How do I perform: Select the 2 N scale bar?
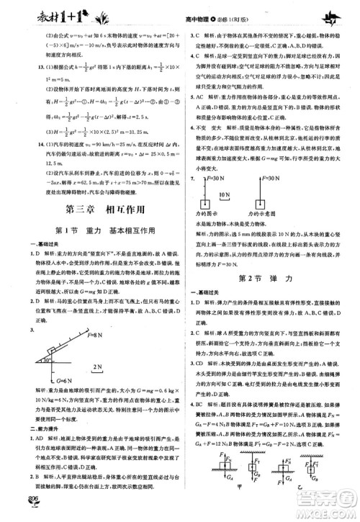[99, 369]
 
